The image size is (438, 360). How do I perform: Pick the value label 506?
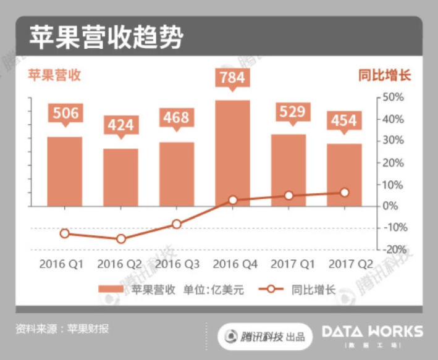tap(65, 113)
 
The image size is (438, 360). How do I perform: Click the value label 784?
tap(233, 78)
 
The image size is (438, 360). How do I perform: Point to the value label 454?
tap(344, 120)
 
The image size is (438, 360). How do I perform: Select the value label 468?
tap(177, 117)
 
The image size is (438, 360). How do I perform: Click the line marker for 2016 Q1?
tap(65, 233)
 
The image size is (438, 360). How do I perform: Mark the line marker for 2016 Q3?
tap(177, 224)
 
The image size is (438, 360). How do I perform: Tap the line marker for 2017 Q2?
tap(344, 193)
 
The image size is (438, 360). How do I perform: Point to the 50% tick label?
tap(393, 98)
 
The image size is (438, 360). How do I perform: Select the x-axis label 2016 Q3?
tap(177, 264)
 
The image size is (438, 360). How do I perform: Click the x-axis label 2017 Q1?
tap(293, 264)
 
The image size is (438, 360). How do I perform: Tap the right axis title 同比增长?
tap(384, 76)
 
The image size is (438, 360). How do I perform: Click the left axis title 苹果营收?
tap(54, 76)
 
